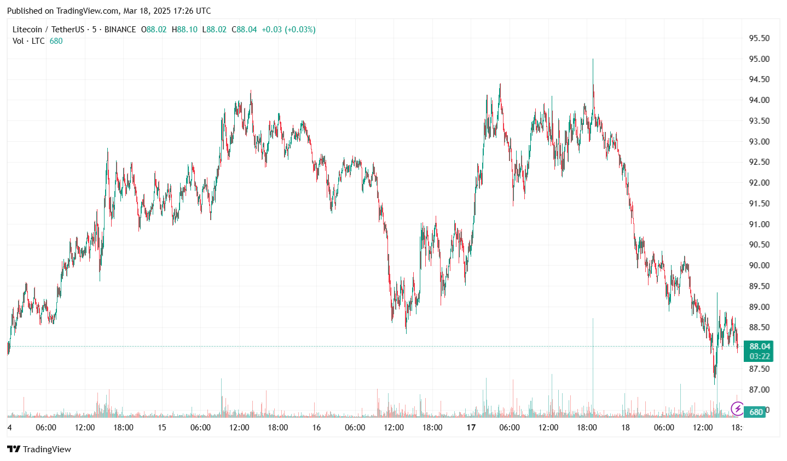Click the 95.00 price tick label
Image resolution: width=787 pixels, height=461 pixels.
(759, 59)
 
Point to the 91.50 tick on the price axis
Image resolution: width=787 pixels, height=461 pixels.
(759, 204)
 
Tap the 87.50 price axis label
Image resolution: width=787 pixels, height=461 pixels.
(759, 369)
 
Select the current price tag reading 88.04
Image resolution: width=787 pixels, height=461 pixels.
(760, 347)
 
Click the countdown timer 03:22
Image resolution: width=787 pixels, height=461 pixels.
(760, 356)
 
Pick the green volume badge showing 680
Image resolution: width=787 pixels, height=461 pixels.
(756, 412)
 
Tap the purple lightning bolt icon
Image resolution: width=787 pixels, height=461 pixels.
(737, 408)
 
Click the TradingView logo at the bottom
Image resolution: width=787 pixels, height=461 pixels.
(39, 450)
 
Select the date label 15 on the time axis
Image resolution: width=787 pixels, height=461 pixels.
(162, 428)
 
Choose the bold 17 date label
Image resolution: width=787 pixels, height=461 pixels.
(471, 428)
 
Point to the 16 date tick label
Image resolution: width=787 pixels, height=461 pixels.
(316, 428)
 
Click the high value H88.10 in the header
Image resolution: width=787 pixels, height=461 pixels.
(184, 30)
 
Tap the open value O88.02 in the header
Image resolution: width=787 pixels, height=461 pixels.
(154, 30)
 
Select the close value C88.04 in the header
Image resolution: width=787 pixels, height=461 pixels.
(244, 30)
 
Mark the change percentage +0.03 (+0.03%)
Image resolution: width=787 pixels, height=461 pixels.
(288, 30)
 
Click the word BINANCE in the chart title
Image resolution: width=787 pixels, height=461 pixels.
(120, 30)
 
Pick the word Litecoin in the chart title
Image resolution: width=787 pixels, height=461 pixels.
(27, 30)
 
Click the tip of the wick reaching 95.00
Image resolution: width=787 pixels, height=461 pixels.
(593, 59)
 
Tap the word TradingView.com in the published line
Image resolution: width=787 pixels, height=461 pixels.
(88, 11)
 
